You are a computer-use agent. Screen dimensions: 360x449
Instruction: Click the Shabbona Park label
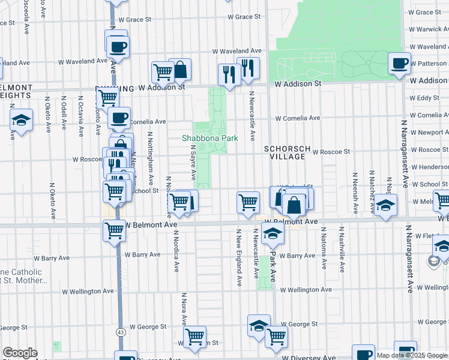(x=210, y=138)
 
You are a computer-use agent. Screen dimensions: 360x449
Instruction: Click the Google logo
(x=20, y=353)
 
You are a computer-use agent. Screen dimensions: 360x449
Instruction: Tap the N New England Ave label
(x=239, y=248)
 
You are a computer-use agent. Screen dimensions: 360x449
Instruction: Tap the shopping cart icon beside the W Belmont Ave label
(x=113, y=230)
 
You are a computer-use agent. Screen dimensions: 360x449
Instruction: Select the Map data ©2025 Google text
(x=412, y=355)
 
